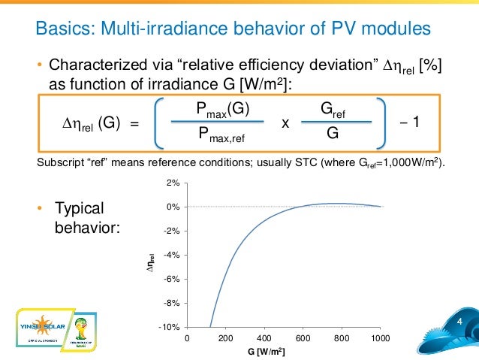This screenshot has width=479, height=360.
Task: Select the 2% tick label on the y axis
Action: (x=173, y=183)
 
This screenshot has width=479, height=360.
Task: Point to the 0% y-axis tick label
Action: (x=173, y=207)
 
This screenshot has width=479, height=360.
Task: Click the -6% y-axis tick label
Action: (x=171, y=279)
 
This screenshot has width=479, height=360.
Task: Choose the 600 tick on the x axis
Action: (x=303, y=339)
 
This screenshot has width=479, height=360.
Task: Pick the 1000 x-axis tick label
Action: (x=381, y=339)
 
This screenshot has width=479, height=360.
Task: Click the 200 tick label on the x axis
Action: (x=225, y=339)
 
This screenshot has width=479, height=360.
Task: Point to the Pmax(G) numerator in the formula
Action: (x=222, y=110)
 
